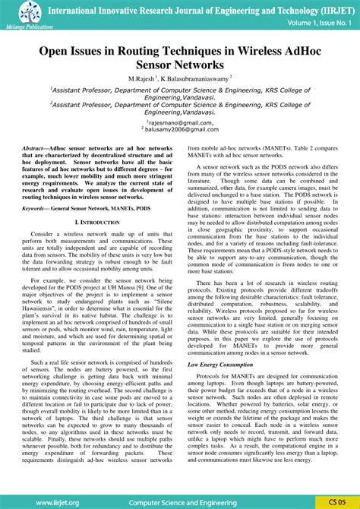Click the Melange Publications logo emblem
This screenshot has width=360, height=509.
click(x=17, y=11)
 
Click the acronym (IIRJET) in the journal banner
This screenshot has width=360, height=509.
click(x=327, y=8)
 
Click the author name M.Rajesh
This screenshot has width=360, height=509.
click(x=141, y=79)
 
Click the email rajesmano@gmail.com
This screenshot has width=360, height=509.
click(x=180, y=122)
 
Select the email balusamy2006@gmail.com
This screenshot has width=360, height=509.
click(x=180, y=130)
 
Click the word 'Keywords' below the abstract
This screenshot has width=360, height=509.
click(x=36, y=207)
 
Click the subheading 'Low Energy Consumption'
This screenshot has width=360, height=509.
click(x=219, y=365)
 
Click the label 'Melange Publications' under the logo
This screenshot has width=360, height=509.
click(x=21, y=26)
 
